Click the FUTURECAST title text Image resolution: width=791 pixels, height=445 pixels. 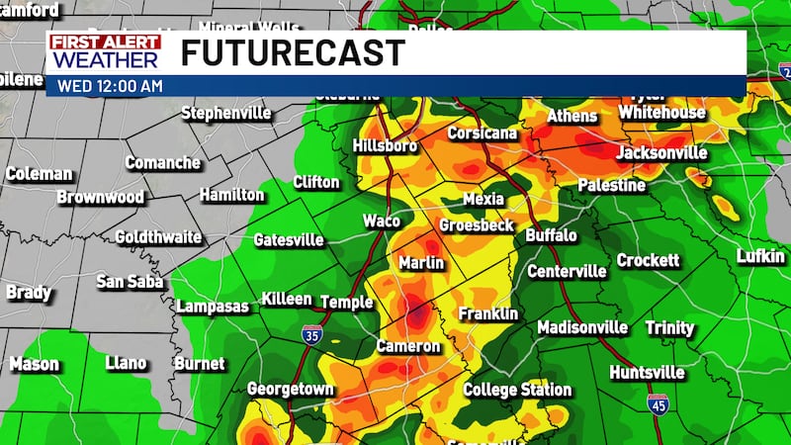[293, 52]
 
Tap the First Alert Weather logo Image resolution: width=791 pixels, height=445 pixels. [104, 52]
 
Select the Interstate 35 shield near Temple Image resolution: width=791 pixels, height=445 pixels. [313, 334]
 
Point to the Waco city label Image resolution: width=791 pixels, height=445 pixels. [382, 221]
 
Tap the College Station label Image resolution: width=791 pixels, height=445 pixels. [517, 390]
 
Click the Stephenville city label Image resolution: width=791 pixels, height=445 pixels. [225, 113]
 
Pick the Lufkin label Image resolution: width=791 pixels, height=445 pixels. [761, 257]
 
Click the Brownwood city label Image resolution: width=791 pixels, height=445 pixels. [101, 197]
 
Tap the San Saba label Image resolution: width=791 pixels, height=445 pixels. [130, 281]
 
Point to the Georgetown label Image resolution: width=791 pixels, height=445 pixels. [291, 389]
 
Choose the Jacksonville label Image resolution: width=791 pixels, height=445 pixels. [661, 153]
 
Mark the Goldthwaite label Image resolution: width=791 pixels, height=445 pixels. [158, 237]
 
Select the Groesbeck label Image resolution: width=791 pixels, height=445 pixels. [477, 225]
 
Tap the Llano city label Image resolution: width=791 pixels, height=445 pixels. [126, 363]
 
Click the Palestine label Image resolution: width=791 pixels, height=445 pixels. [612, 185]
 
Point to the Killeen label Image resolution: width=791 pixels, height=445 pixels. [287, 300]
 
